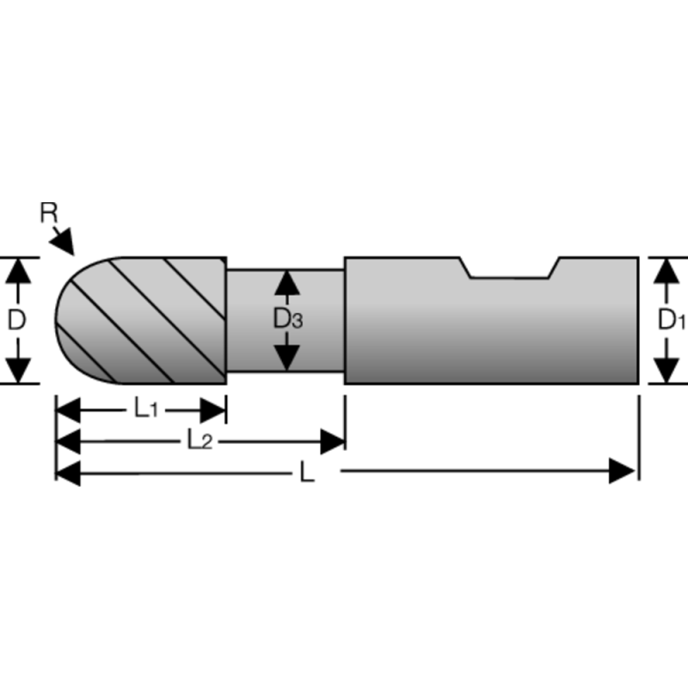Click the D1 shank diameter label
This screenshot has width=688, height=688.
click(x=670, y=321)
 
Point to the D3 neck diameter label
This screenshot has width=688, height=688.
click(x=287, y=320)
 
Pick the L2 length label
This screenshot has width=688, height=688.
click(x=200, y=441)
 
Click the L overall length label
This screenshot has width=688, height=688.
click(x=307, y=472)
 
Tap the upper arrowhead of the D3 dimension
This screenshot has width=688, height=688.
click(x=287, y=283)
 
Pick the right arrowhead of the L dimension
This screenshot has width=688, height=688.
click(x=623, y=471)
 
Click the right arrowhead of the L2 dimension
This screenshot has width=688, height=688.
click(x=332, y=442)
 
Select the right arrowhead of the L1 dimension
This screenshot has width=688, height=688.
click(x=213, y=410)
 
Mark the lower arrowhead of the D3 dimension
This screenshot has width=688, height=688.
click(x=287, y=356)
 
